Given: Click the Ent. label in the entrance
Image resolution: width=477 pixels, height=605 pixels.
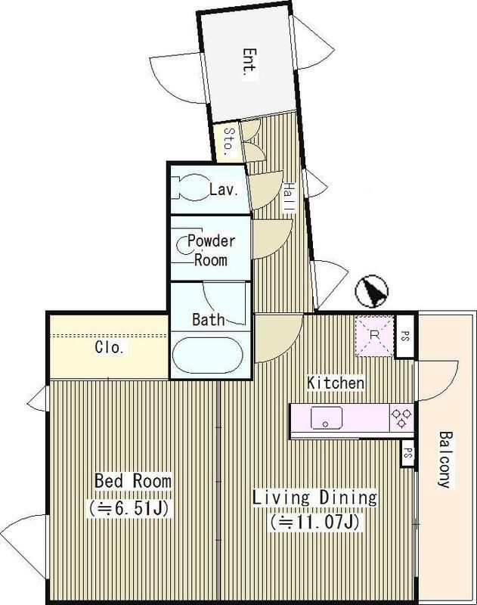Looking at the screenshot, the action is click(250, 64).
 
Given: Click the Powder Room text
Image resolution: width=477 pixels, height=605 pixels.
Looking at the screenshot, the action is click(211, 250).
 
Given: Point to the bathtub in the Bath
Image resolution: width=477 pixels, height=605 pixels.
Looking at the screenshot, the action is click(207, 355).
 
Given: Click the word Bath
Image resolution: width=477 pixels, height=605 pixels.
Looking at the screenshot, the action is click(208, 319).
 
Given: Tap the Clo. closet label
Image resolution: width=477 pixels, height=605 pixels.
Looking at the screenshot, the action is click(110, 347).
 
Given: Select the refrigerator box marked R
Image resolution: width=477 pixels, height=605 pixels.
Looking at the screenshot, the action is click(374, 336).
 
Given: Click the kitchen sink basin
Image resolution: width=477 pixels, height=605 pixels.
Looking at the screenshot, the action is click(327, 417).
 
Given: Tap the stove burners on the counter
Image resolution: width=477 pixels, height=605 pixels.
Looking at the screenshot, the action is click(401, 418).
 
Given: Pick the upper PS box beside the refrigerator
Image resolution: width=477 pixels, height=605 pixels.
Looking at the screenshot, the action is click(404, 336).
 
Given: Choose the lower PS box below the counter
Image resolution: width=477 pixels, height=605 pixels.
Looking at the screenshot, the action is click(407, 454).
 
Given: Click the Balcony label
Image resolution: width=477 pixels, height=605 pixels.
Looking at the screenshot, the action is click(445, 460).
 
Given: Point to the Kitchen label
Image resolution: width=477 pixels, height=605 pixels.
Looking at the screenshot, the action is click(336, 383).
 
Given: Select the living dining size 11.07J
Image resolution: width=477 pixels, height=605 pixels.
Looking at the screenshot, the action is click(315, 523).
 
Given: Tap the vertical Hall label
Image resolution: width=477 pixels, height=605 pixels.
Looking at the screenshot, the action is click(289, 197).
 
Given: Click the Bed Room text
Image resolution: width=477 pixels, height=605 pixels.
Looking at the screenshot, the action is click(133, 481).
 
